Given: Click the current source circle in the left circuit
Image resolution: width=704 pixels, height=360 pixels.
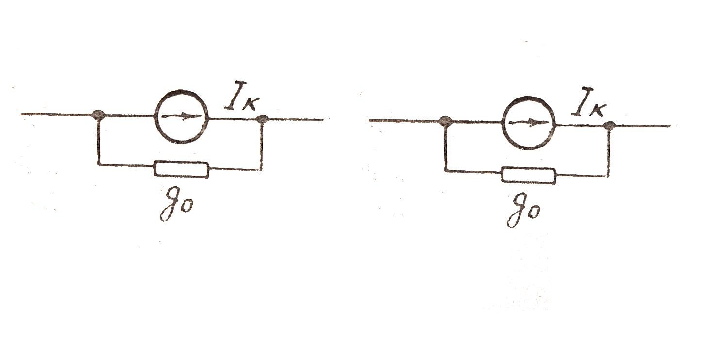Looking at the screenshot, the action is point(182,116).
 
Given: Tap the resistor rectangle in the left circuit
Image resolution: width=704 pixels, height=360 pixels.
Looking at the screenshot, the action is point(182,169).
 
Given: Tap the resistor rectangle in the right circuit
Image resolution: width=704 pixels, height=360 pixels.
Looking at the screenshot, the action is point(529,175).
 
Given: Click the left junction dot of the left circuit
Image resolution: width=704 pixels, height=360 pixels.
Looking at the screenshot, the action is point(99,115).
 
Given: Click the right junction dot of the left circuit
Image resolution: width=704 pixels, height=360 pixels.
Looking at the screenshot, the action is point(263,119).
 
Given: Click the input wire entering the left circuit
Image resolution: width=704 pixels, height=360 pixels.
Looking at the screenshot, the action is point(58,115).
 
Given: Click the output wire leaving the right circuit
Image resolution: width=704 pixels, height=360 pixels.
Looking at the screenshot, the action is point(641,126).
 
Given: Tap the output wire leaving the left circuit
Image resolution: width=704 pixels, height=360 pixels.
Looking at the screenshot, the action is point(294,119).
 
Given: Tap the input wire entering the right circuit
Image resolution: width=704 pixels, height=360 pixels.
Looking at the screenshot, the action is point(405,120).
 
